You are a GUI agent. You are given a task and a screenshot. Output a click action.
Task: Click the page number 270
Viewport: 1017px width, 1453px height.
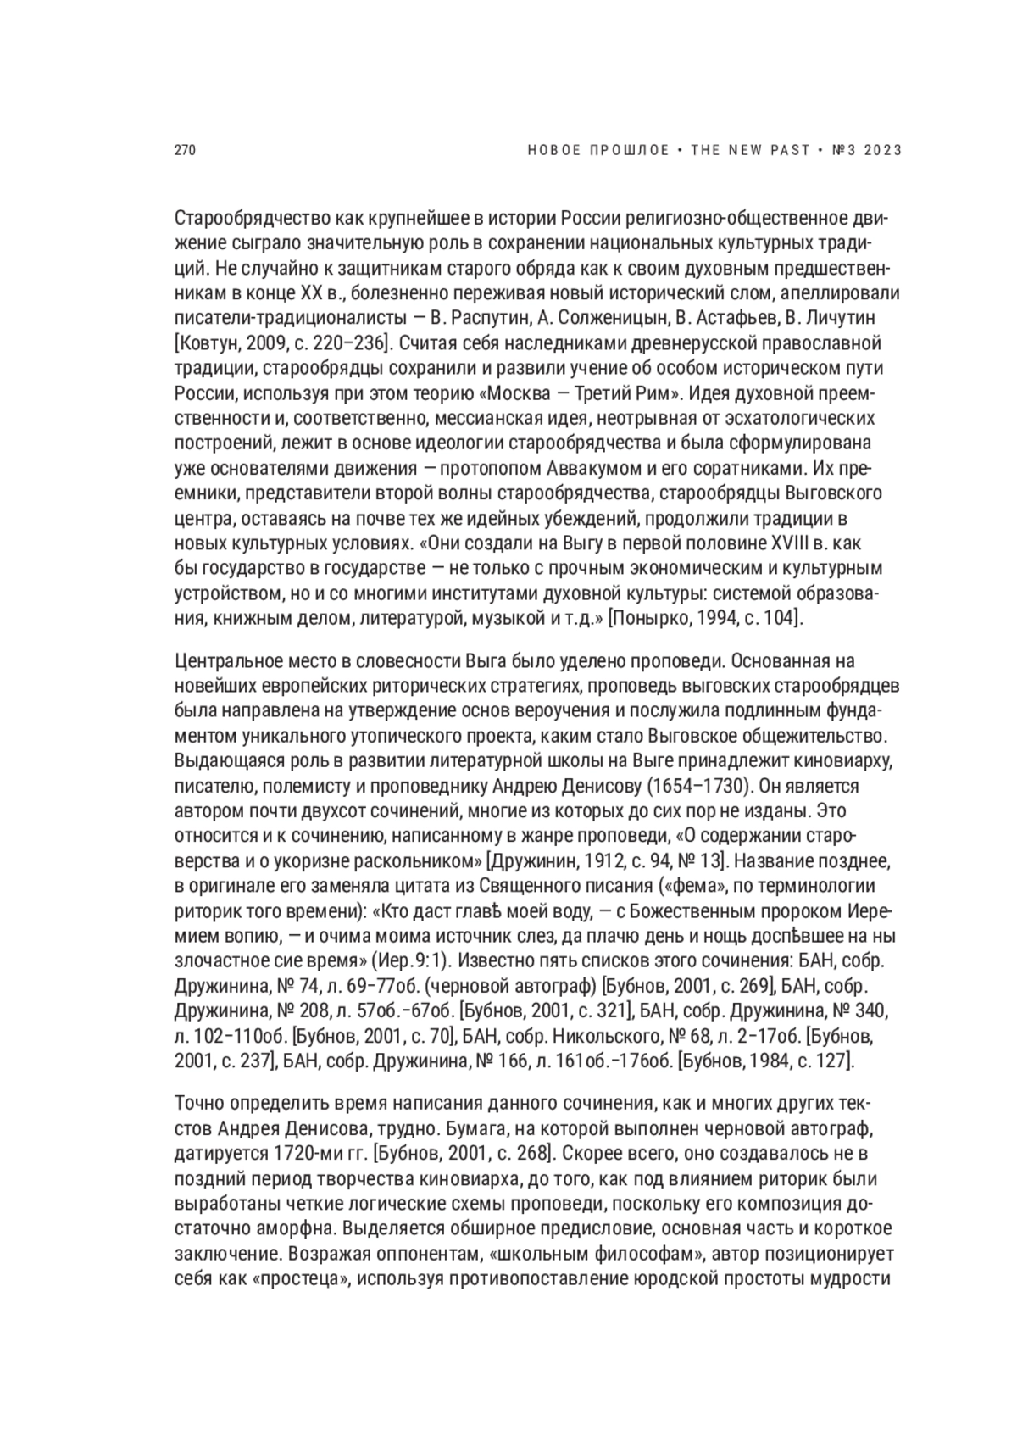[185, 151]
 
